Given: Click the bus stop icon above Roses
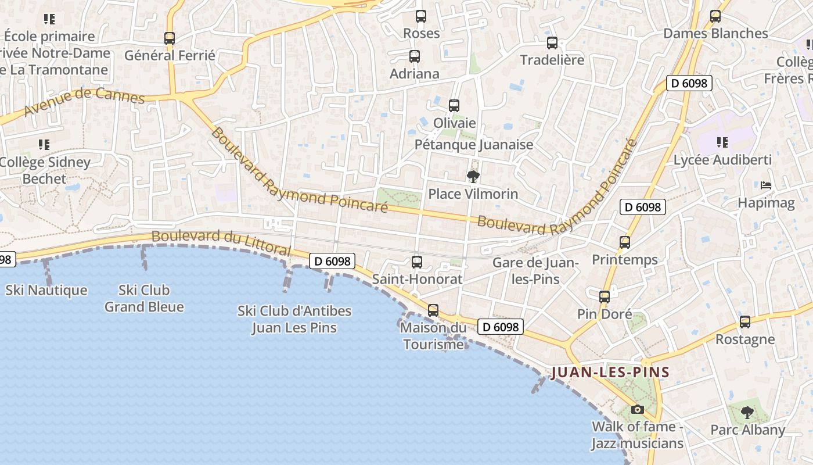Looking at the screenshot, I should [x=421, y=16].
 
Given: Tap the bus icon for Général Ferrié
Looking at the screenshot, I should [x=170, y=38].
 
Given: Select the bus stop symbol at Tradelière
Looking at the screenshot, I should [x=552, y=43].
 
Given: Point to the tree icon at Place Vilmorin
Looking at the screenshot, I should [x=473, y=176].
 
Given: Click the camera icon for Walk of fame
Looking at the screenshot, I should [x=638, y=409].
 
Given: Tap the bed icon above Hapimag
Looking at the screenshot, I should [x=766, y=186].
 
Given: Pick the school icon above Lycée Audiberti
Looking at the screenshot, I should [x=722, y=142].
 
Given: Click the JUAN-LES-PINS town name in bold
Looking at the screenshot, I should [x=610, y=372].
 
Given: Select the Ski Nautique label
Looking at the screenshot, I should [x=46, y=290].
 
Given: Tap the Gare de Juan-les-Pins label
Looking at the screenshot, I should [x=535, y=271].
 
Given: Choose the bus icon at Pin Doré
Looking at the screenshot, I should [x=605, y=297].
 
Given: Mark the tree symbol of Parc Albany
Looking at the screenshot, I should [x=747, y=413].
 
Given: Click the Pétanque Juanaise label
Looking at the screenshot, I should [x=474, y=145].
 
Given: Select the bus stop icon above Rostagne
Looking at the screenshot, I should [x=745, y=322].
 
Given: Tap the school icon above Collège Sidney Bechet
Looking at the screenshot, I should [x=44, y=144].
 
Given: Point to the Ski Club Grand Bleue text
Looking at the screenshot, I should [x=144, y=298].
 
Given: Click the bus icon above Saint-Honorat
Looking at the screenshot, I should [x=416, y=262].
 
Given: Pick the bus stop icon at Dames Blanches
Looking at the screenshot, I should [x=715, y=16].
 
